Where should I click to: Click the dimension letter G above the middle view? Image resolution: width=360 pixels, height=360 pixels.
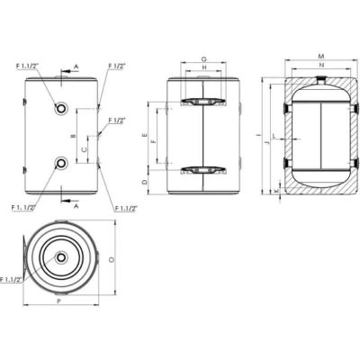click(x=204, y=58)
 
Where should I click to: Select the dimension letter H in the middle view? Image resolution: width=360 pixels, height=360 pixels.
click(x=204, y=68)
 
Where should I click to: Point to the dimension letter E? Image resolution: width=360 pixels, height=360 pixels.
click(x=145, y=135)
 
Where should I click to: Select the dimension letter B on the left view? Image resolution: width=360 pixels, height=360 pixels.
click(x=71, y=136)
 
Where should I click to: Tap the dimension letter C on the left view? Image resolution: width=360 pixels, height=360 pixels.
click(x=85, y=148)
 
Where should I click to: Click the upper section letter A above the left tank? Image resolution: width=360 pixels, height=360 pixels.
click(x=76, y=66)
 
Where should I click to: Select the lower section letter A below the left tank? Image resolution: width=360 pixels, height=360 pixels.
click(x=76, y=206)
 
